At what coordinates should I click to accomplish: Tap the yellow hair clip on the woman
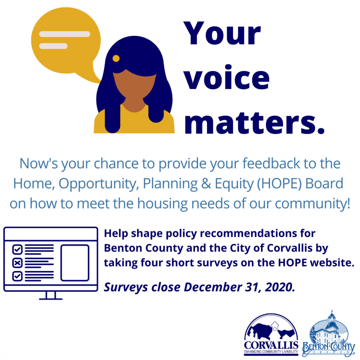click(x=116, y=58)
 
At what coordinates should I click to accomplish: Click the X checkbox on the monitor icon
click(x=17, y=262)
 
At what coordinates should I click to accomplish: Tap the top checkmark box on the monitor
click(x=17, y=249)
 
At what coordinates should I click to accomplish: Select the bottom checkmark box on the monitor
click(x=17, y=276)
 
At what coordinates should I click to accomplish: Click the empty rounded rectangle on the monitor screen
click(x=75, y=262)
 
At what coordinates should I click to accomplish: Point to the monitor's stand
click(x=51, y=296)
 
